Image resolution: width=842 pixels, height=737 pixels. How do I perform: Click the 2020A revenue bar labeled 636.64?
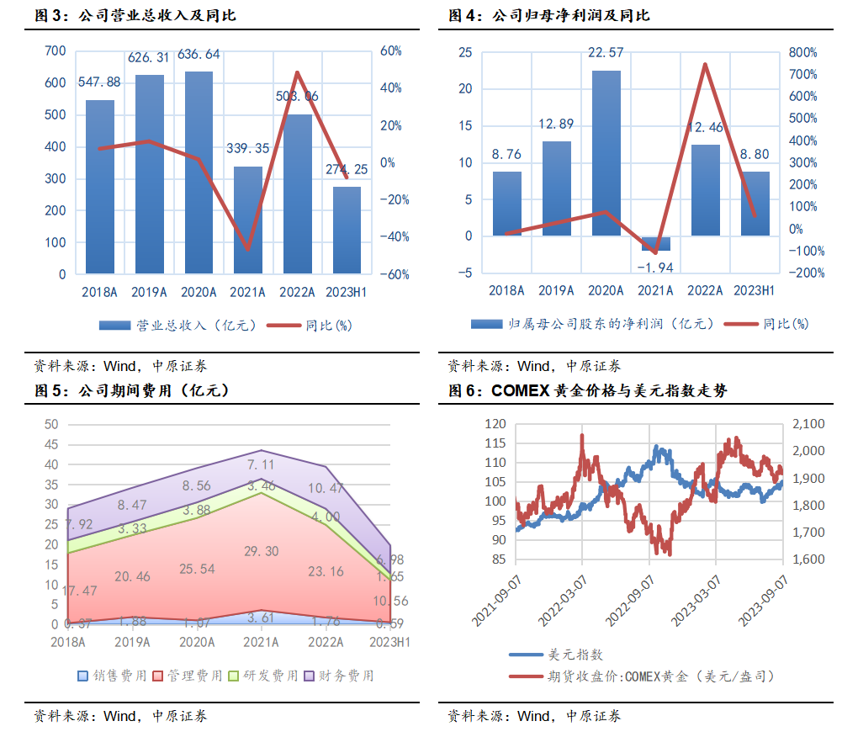[199, 172]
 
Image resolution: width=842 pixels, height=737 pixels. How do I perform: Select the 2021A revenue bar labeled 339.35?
[248, 220]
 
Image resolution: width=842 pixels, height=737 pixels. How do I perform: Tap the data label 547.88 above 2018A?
[99, 82]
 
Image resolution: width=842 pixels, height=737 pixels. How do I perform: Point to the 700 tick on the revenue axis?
[55, 51]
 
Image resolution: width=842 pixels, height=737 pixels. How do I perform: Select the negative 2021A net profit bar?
[655, 243]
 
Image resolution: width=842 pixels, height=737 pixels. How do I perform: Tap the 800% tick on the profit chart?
[802, 52]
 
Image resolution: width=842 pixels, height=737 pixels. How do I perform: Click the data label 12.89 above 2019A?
[556, 125]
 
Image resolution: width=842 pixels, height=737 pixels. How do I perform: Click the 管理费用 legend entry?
[193, 676]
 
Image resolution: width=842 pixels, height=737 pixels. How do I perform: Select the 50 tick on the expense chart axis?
[52, 424]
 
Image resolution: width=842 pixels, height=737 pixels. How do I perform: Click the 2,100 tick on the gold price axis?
[808, 424]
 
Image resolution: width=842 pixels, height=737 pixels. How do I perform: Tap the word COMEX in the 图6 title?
[518, 390]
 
